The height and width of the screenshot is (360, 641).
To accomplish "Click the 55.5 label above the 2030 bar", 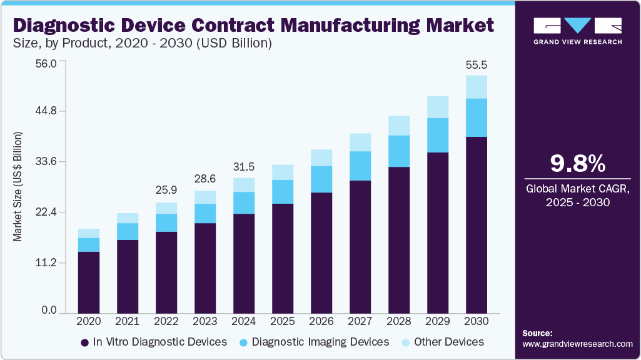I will (477, 65).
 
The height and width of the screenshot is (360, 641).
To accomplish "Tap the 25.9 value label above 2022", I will (166, 189).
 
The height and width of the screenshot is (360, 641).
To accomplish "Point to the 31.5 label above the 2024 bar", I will (244, 166).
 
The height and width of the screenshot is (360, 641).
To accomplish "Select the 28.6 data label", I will (205, 178).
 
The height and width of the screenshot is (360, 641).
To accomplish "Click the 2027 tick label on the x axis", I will (360, 321).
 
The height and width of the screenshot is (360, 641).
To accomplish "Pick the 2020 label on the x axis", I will (88, 321).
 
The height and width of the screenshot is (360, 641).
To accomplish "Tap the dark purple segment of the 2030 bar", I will (477, 225).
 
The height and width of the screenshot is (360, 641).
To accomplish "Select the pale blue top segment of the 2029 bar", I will (438, 107).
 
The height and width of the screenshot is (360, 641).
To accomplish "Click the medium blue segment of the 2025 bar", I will (283, 192).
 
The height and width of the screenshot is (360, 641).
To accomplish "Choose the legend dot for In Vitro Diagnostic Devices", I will (84, 342).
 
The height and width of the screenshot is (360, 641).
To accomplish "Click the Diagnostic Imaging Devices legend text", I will (320, 342).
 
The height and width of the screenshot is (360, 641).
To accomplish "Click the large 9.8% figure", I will (577, 164).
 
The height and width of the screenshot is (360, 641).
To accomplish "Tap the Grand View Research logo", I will (577, 31).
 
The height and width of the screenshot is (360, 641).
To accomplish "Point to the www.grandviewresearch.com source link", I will (577, 344).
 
